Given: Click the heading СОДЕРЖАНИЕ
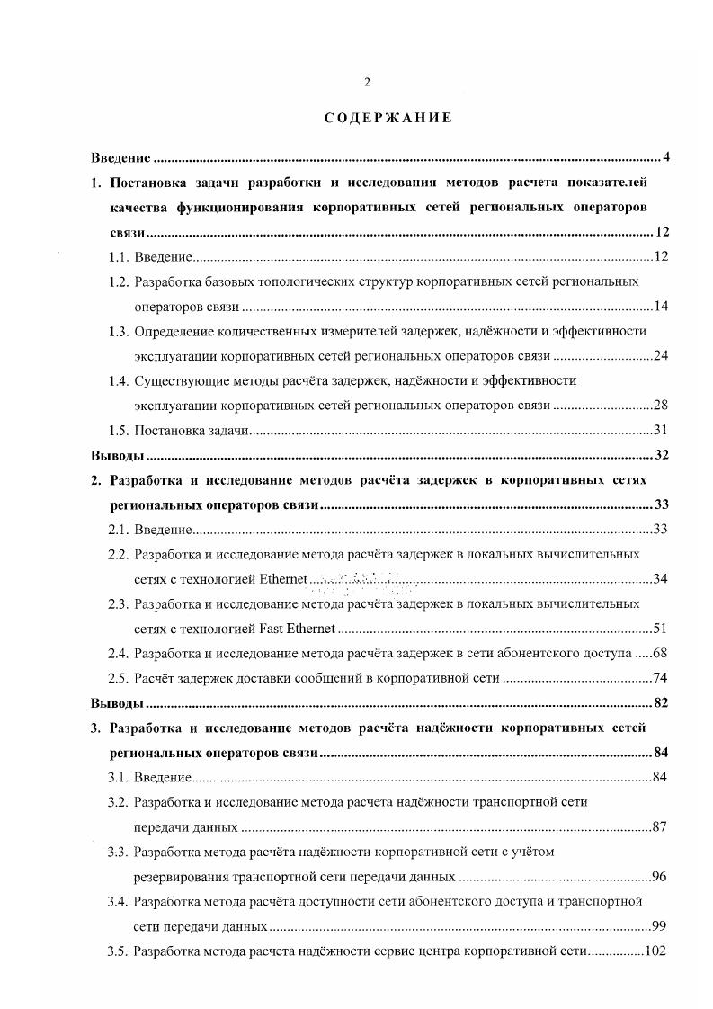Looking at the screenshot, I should coord(376,118).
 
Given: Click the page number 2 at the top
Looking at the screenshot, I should coord(367,83).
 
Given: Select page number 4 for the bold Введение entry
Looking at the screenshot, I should coord(665,158).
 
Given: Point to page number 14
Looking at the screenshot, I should coord(660,307).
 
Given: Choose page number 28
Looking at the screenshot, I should coord(660,406).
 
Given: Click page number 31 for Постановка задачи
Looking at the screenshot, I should coord(660,431).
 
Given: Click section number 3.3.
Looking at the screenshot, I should coord(118,851).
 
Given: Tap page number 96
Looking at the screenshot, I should coord(660,876).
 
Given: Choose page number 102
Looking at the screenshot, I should coord(656,951).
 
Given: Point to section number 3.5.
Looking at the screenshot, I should coord(118,951).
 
